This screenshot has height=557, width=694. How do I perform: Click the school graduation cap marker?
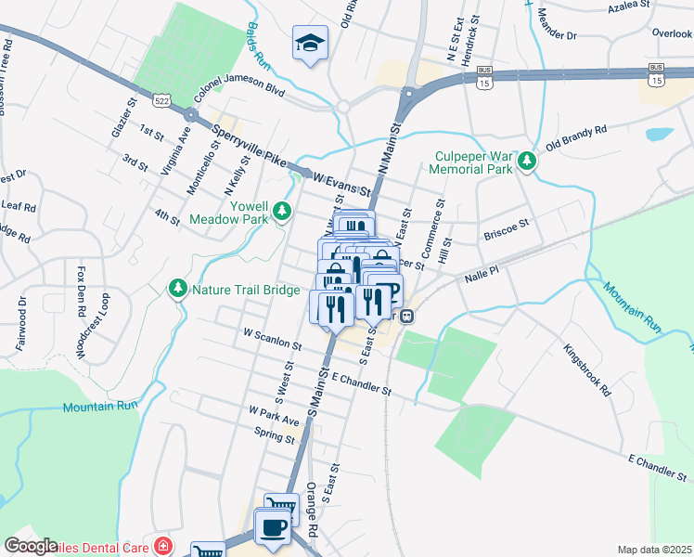(x=310, y=42)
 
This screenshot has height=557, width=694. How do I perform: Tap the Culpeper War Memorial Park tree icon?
(x=527, y=162)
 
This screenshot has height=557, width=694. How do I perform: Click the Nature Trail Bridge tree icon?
(x=177, y=290)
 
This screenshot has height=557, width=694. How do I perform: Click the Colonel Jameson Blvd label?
(x=238, y=90)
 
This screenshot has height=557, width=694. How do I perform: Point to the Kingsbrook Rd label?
(x=587, y=371)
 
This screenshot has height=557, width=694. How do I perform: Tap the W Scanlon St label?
(x=271, y=338)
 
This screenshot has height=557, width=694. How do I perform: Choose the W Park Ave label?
(x=274, y=415)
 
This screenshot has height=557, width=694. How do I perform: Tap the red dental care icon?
(x=163, y=545)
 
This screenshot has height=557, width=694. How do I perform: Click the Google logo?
(x=30, y=546)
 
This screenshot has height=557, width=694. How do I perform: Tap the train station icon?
(x=407, y=315)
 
